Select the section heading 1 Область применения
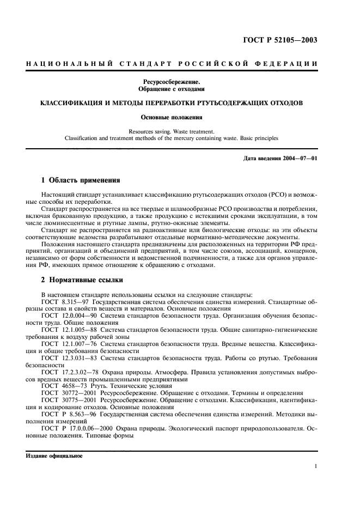click(x=81, y=180)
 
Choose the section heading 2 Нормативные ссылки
click(x=82, y=281)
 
